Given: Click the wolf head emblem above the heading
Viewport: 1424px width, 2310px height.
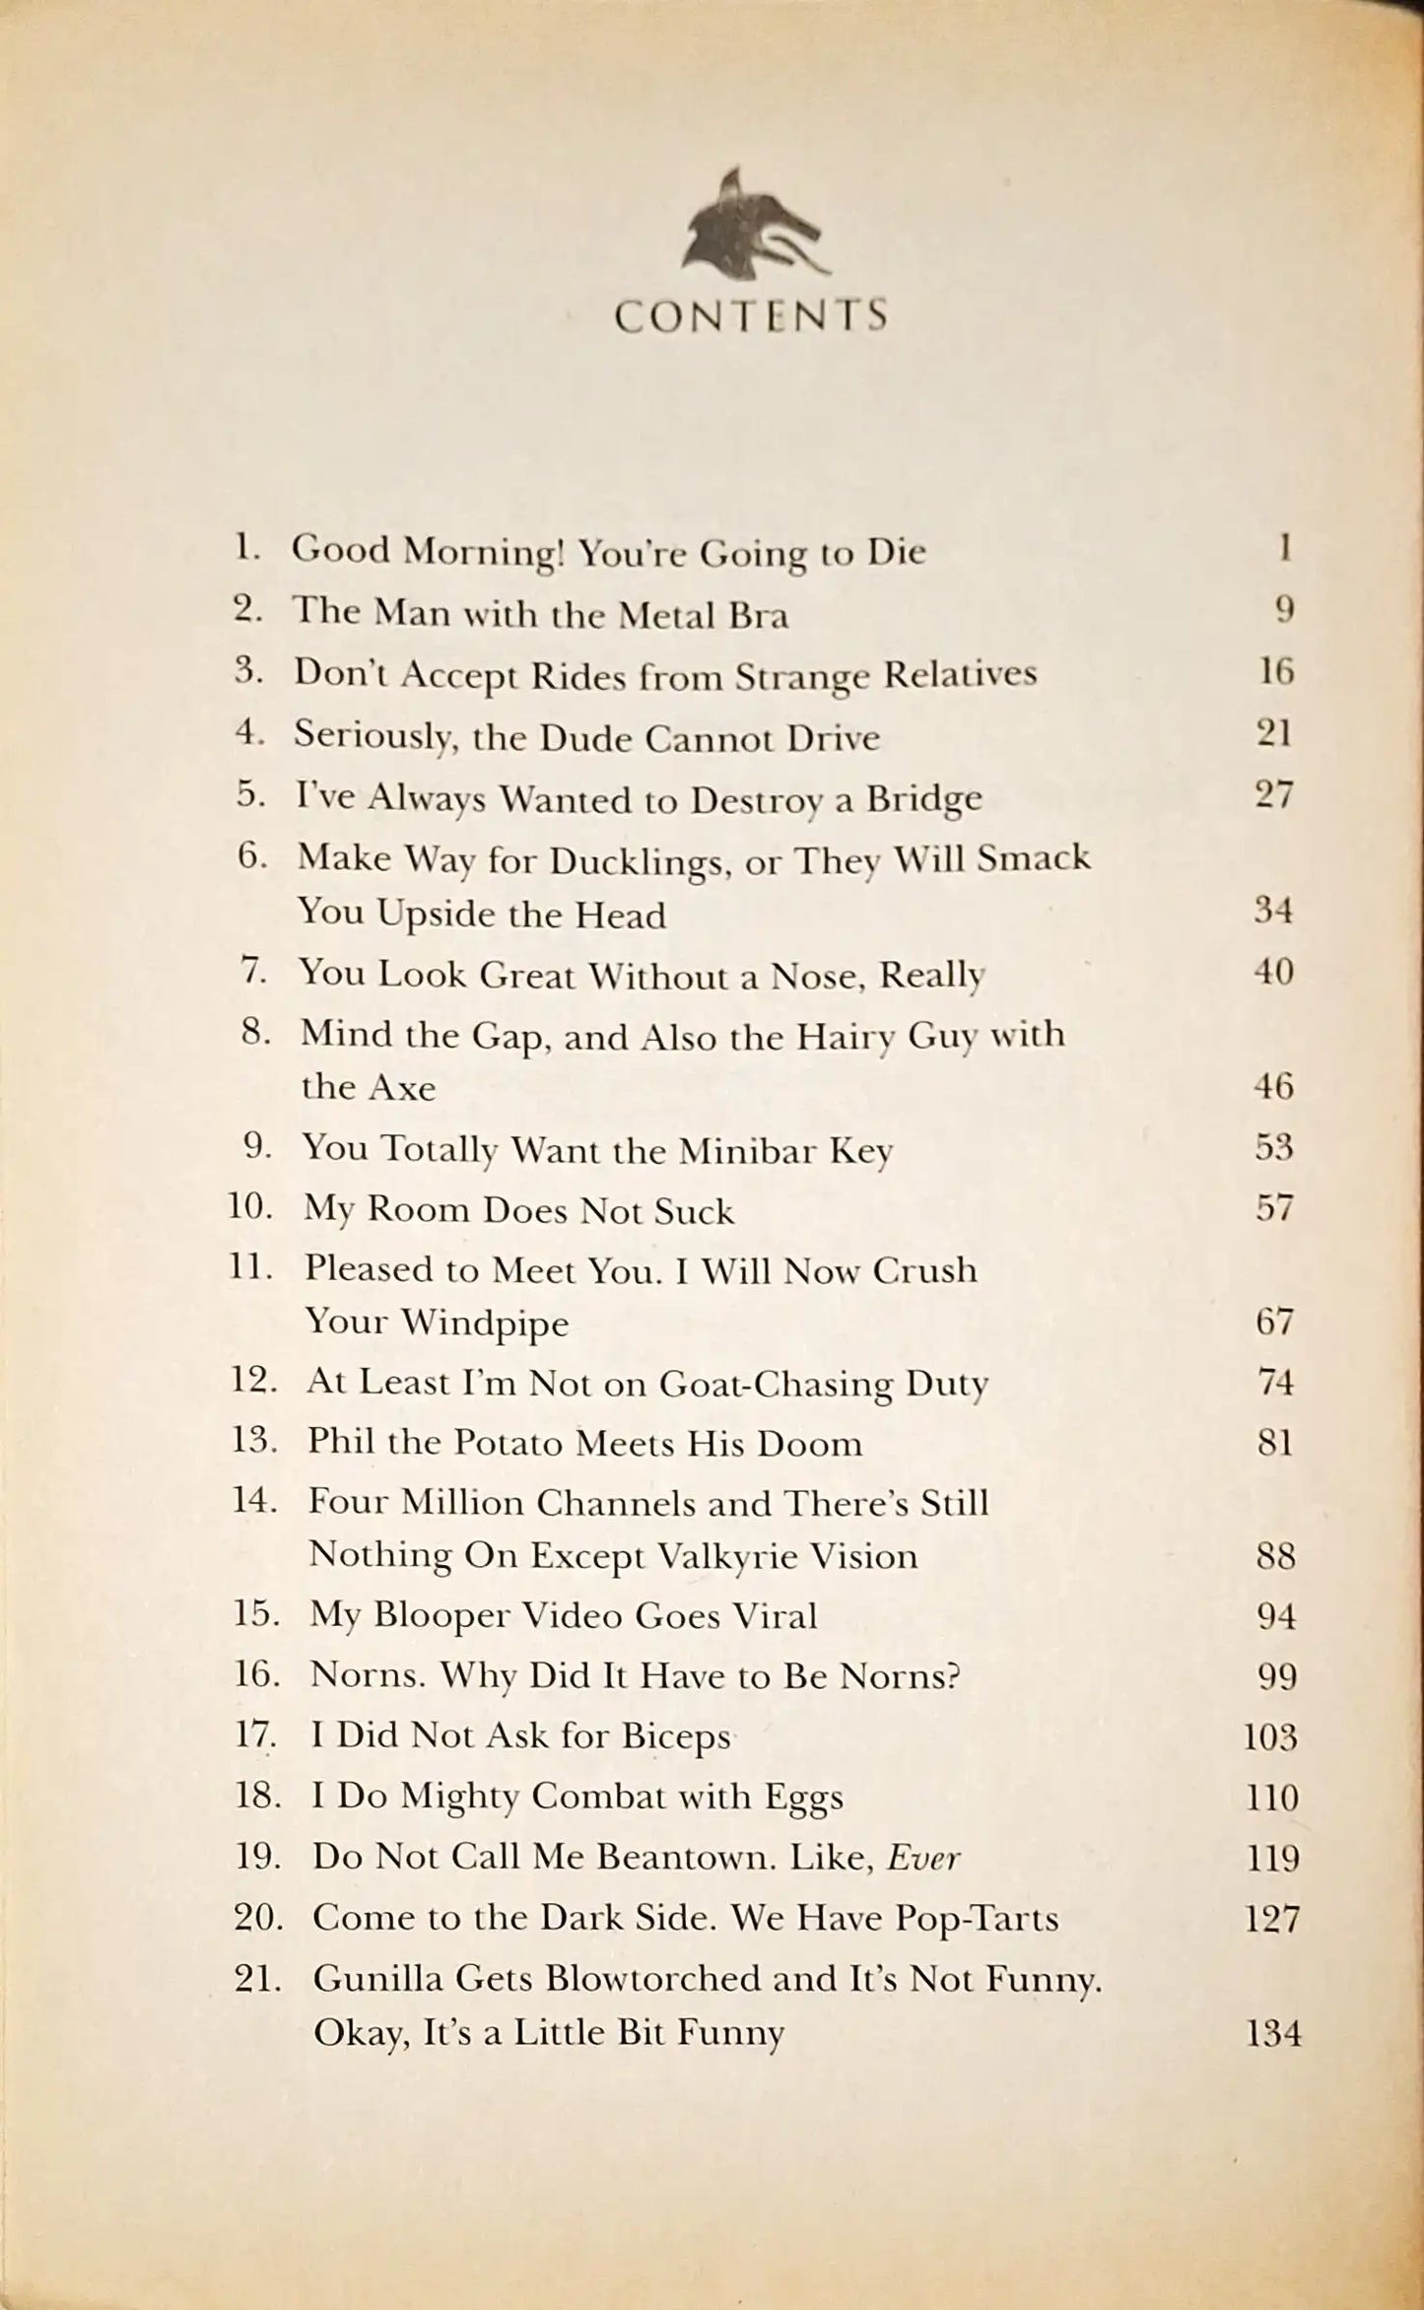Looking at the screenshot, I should point(751,227).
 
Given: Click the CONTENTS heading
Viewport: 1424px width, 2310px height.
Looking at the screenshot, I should point(751,316).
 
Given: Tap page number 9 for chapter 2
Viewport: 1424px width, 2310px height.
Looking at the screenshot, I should point(1283,611).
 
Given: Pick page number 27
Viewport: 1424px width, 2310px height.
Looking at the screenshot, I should point(1273,794).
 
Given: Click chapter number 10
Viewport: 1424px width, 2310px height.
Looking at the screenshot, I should point(250,1207).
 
